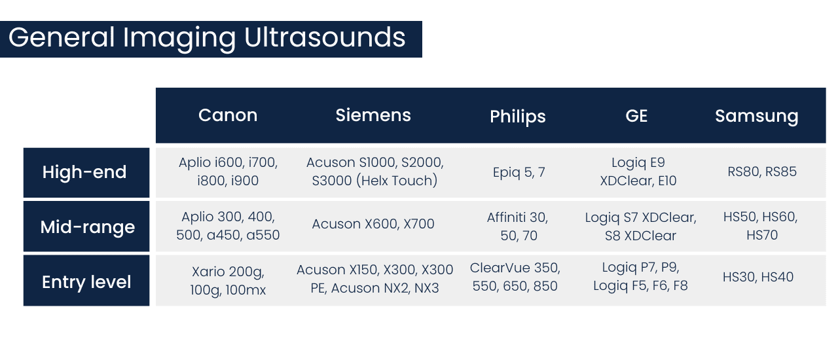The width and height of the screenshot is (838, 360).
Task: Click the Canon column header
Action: [228, 116]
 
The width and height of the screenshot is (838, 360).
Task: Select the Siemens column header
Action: [373, 116]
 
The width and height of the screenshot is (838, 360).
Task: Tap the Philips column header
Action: [517, 117]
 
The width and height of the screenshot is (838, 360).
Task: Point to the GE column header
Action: [636, 116]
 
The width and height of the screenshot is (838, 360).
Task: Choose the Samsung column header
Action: [756, 117]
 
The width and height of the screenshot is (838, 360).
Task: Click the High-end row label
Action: [84, 173]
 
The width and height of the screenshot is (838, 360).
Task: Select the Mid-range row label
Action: [88, 227]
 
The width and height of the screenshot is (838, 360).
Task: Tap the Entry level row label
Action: [86, 282]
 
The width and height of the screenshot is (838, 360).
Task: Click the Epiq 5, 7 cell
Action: [519, 172]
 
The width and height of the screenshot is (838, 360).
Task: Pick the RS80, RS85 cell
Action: [762, 172]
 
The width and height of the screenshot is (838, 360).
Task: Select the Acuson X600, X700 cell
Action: [373, 224]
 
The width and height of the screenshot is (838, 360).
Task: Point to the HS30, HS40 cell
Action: [758, 277]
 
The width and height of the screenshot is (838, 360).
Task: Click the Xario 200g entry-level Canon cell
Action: [228, 280]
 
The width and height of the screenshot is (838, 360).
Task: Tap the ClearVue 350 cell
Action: [515, 277]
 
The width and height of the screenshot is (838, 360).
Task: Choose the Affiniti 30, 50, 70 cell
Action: [517, 226]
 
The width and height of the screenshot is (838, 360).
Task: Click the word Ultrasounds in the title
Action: [325, 37]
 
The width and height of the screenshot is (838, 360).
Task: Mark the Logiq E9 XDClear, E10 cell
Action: [638, 171]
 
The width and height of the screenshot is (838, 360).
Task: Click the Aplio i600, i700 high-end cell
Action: [228, 171]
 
